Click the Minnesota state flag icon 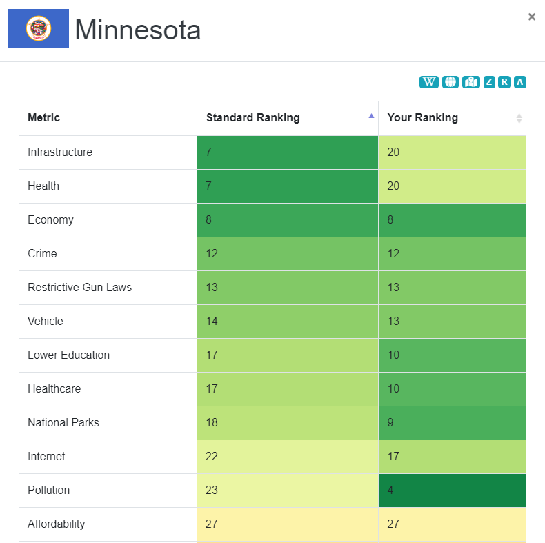tap(39, 28)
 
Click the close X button tap(531, 17)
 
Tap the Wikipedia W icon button tap(429, 82)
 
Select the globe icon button tap(450, 82)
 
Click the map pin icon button tap(471, 82)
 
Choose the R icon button tap(504, 82)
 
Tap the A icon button tap(520, 82)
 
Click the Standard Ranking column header tap(253, 118)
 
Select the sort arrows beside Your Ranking tap(519, 119)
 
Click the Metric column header tap(44, 118)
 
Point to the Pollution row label tap(49, 491)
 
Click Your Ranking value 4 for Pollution tap(452, 491)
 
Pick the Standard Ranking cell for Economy tap(287, 220)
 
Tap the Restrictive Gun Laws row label tap(79, 288)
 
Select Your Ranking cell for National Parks tap(452, 423)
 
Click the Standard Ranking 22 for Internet tap(287, 457)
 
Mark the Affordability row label tap(57, 524)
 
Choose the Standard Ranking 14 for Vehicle tap(287, 322)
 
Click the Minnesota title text tap(138, 30)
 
